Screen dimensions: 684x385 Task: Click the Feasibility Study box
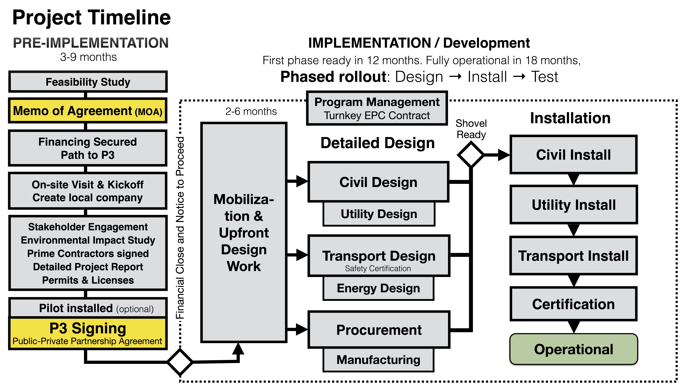pos(88,82)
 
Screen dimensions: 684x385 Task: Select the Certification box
pos(574,304)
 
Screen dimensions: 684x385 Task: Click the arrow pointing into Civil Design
pos(297,181)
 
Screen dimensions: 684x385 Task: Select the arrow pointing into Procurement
pos(297,329)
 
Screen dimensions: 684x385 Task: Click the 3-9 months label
pos(88,57)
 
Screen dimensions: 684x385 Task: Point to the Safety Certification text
pos(378,268)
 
